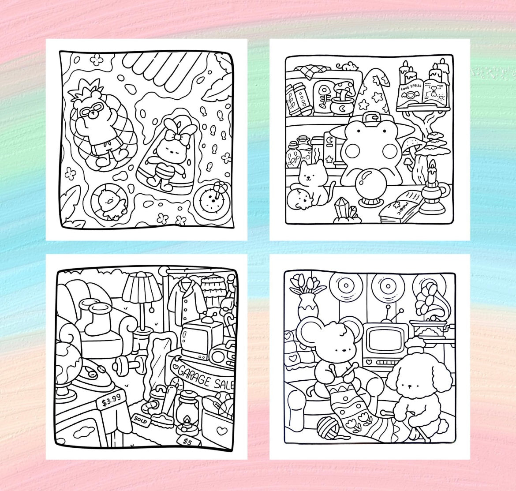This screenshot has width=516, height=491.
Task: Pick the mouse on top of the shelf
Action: (x=349, y=66)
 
